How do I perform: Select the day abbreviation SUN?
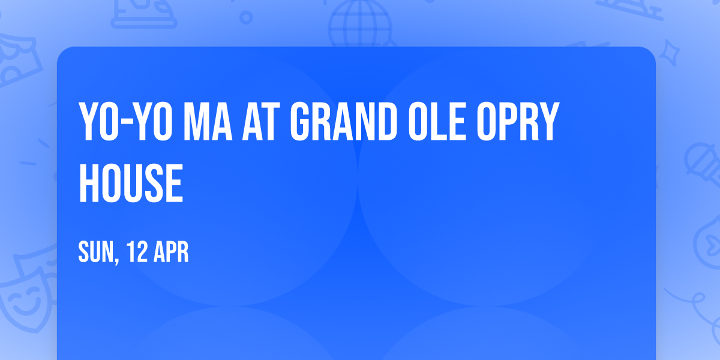[x=96, y=252]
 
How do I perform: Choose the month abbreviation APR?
[x=172, y=252]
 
